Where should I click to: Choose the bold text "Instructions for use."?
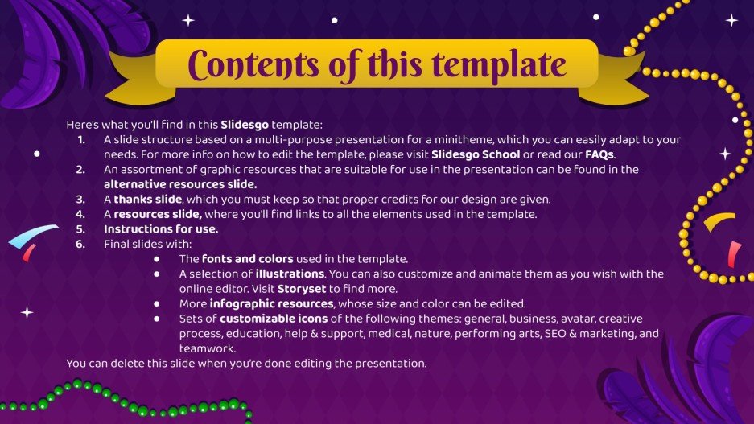point(161,228)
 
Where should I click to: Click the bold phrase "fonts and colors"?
point(247,258)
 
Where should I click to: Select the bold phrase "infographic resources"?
point(272,303)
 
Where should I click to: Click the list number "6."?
point(80,244)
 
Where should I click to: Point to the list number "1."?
point(80,140)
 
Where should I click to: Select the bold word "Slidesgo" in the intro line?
point(245,125)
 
